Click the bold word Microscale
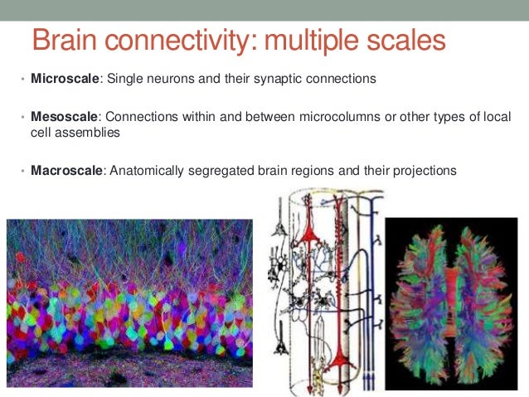(65, 79)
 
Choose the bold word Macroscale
(67, 171)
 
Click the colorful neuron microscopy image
(129, 302)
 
